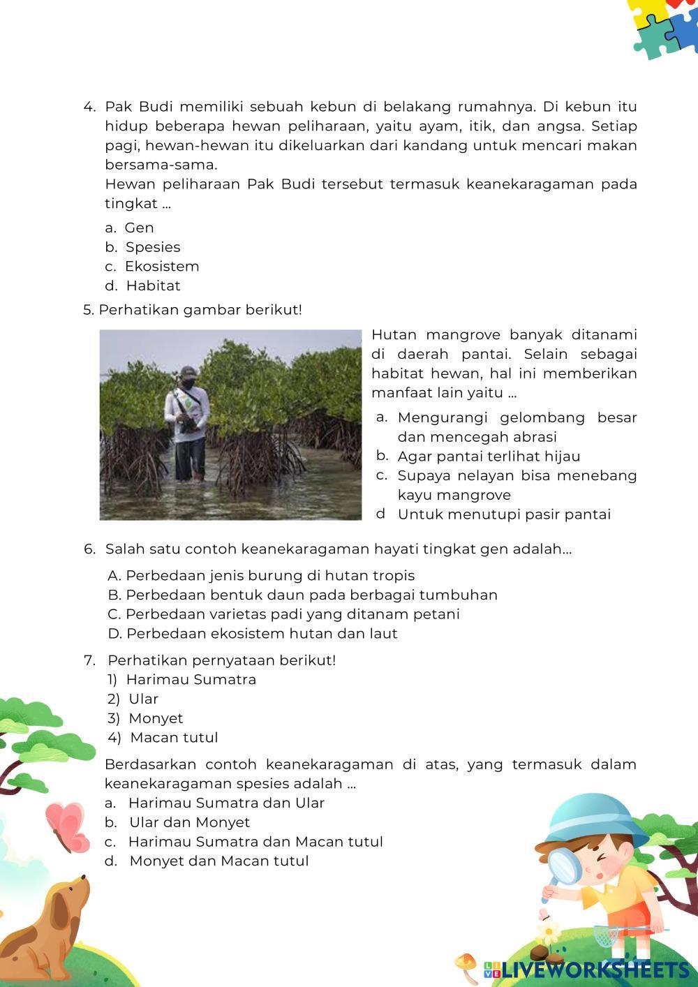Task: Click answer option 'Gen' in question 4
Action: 139,228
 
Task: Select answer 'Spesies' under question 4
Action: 152,247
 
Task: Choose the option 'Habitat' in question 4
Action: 153,285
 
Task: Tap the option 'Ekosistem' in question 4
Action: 162,267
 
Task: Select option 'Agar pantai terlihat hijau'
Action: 489,457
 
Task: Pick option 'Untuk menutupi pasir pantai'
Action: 504,514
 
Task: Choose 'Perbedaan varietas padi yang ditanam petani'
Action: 292,614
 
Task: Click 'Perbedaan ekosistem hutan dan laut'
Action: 261,634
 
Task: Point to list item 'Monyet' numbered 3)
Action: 156,718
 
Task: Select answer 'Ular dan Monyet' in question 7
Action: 189,822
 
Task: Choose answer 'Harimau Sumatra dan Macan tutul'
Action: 255,842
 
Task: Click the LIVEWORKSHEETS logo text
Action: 594,970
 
